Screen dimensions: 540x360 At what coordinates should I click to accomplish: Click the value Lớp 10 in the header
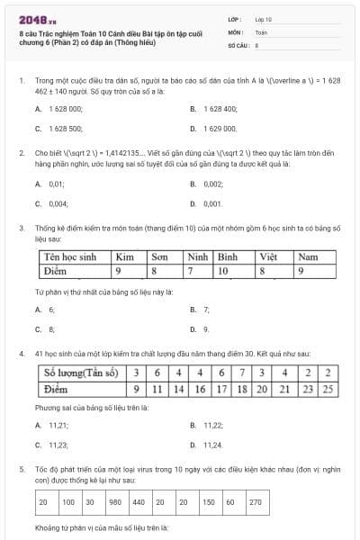click(x=263, y=19)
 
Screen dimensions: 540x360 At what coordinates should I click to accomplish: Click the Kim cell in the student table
click(x=125, y=257)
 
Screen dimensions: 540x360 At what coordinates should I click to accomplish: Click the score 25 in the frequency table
click(x=328, y=390)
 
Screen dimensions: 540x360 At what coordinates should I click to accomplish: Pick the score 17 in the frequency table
click(x=221, y=390)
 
